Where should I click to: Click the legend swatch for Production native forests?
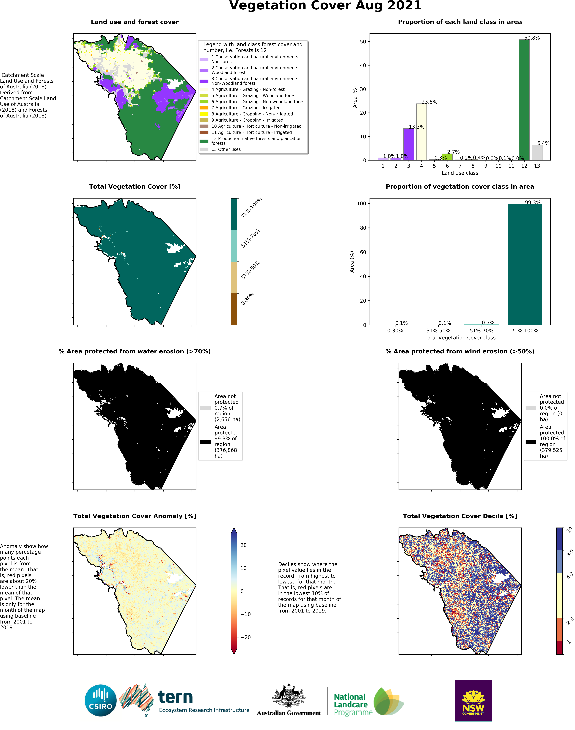pyautogui.click(x=204, y=141)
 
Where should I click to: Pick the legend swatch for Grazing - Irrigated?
pyautogui.click(x=204, y=108)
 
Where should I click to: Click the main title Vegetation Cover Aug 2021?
pyautogui.click(x=325, y=6)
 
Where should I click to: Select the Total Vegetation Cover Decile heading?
pyautogui.click(x=460, y=516)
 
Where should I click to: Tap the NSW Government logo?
pyautogui.click(x=473, y=700)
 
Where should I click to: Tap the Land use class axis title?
pyautogui.click(x=460, y=173)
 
